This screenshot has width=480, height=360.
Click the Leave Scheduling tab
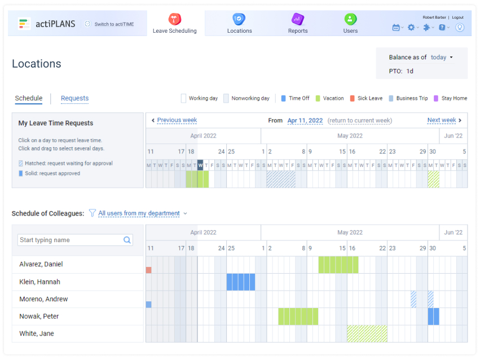point(175,24)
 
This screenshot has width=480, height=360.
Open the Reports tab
point(298,24)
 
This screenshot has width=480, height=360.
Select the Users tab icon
point(350,19)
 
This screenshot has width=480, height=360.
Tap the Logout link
point(457,17)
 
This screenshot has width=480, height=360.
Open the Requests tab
point(74,98)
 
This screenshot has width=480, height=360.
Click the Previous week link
point(177,120)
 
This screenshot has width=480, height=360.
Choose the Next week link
point(442,120)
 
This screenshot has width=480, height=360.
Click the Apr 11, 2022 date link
point(305,121)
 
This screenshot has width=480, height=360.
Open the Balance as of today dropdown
point(442,58)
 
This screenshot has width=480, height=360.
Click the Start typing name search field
point(71,240)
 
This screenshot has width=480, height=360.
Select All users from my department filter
point(139,213)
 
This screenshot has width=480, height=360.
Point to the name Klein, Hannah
point(39,282)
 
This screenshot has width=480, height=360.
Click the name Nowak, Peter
point(39,316)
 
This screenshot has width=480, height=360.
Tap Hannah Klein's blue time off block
point(241,282)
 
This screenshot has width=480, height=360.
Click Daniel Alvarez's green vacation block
point(338,265)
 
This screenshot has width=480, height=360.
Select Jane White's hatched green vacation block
point(367,333)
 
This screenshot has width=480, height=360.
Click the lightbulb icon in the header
point(460,27)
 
